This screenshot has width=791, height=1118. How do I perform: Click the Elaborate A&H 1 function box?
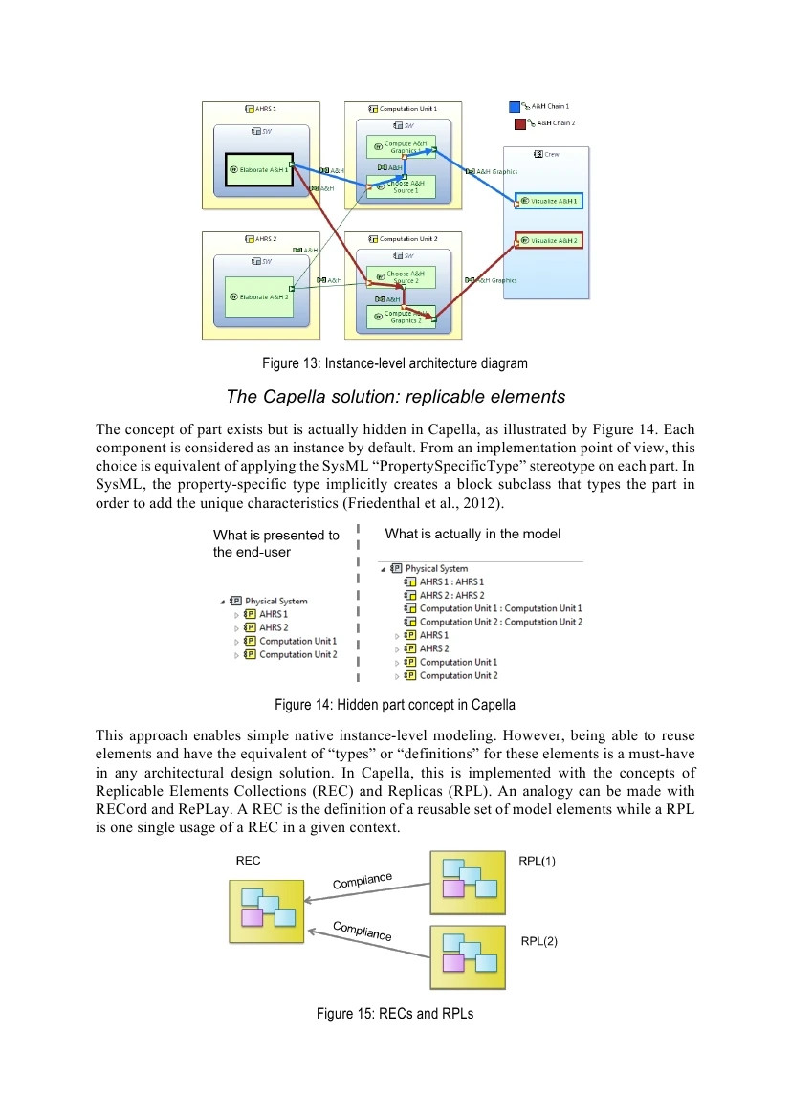(x=257, y=169)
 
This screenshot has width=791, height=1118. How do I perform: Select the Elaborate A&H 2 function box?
(x=258, y=297)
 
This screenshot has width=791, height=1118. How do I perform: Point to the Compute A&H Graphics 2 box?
(x=405, y=317)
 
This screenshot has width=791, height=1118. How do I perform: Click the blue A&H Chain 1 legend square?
(x=515, y=106)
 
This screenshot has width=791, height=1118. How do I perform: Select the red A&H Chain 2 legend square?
(x=519, y=123)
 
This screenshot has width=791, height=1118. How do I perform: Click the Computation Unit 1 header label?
(x=408, y=109)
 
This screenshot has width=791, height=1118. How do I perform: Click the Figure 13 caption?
(x=395, y=363)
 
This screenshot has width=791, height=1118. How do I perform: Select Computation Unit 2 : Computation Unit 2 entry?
(x=500, y=622)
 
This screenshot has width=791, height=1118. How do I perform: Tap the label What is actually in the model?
(x=472, y=534)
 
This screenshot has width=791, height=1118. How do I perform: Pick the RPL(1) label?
(x=537, y=861)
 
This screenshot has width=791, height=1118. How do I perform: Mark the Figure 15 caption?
(x=395, y=1013)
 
